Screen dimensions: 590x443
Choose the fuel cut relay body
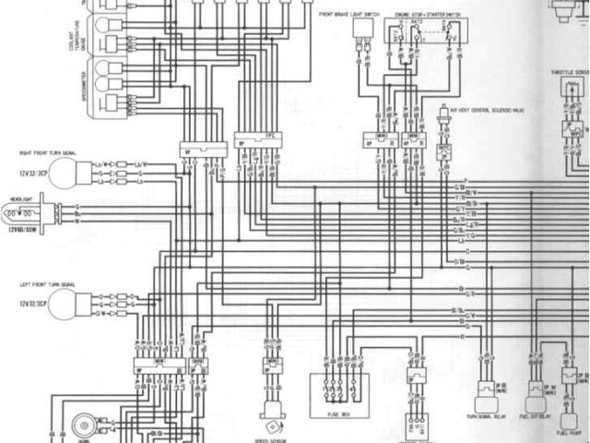tap(536, 402)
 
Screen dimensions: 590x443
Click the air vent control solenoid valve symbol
tap(445, 121)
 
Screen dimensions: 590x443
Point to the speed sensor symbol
tap(272, 410)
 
